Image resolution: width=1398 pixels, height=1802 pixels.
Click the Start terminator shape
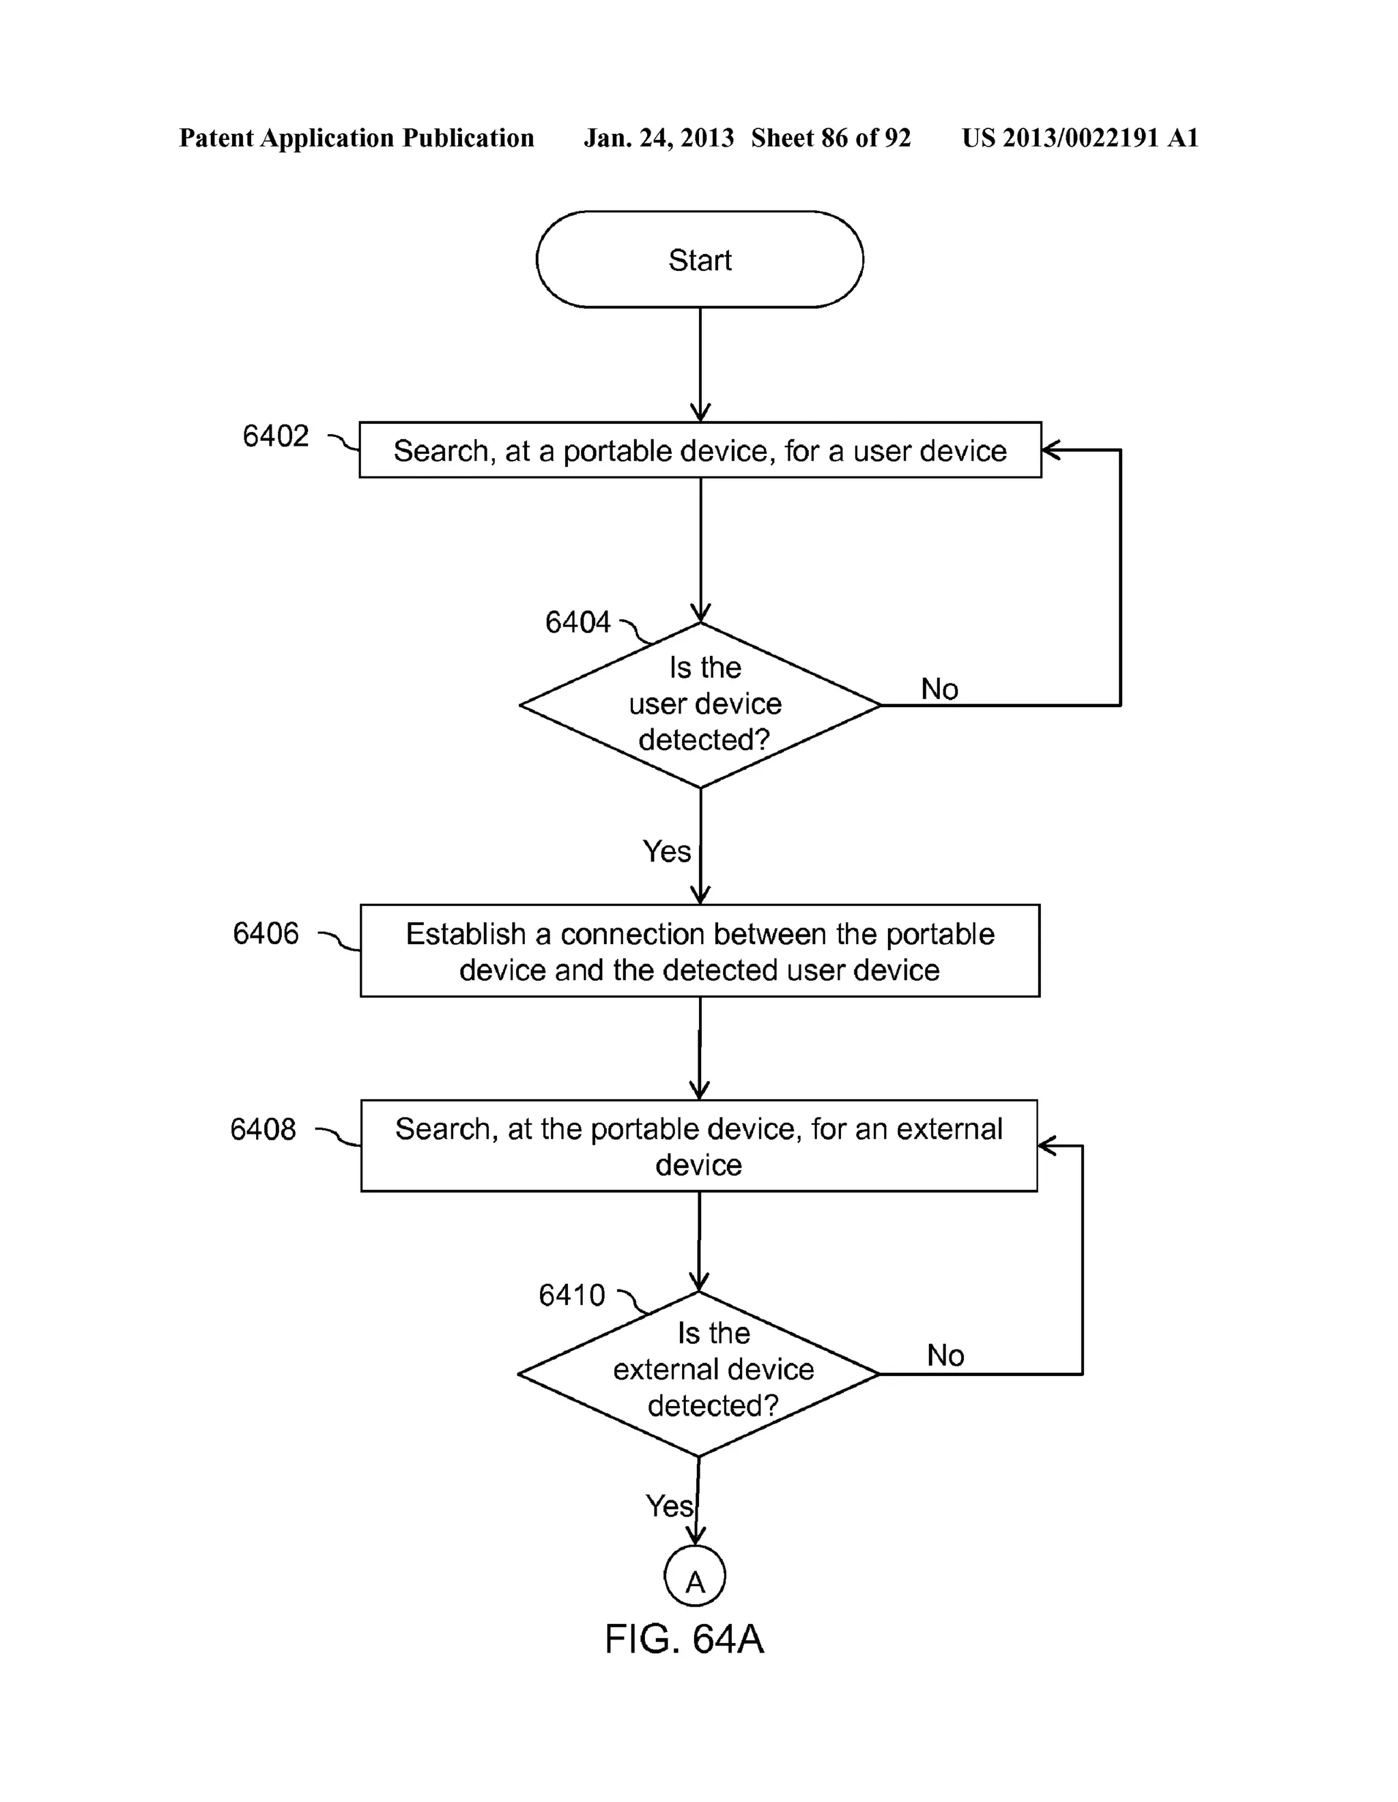(699, 259)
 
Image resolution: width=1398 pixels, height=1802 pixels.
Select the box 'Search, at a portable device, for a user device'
(699, 450)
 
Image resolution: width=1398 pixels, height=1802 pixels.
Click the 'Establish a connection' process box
(699, 951)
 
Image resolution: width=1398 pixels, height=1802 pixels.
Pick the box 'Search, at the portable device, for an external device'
(698, 1145)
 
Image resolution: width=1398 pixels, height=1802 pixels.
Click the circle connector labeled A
(695, 1575)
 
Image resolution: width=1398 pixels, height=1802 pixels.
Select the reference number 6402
(275, 435)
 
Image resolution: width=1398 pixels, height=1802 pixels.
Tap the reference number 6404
(577, 622)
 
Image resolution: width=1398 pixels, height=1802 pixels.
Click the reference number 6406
(265, 933)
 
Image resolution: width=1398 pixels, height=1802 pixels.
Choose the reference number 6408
(262, 1129)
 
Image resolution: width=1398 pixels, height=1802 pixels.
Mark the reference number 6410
(571, 1295)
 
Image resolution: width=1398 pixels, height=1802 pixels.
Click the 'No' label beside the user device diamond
(939, 689)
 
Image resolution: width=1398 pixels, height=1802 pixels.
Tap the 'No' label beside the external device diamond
(945, 1355)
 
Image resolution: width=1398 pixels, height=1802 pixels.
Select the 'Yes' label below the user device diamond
(666, 850)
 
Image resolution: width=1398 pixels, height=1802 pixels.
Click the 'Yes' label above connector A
(668, 1506)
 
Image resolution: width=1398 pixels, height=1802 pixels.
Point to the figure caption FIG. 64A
(684, 1639)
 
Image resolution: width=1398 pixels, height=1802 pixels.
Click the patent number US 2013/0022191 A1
(1079, 138)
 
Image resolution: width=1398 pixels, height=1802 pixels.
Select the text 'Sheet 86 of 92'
(830, 138)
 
